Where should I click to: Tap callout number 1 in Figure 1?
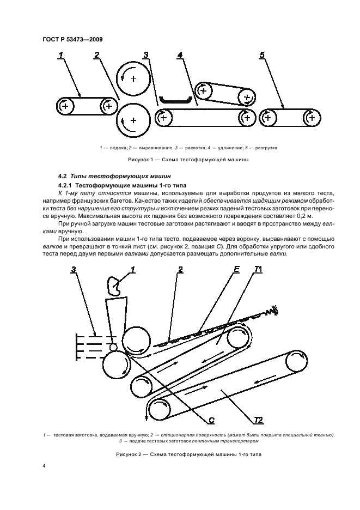click(61, 54)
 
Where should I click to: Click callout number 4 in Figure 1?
click(180, 54)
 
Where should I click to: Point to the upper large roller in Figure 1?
click(132, 79)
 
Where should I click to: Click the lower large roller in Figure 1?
click(133, 121)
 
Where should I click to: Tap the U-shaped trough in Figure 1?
click(175, 101)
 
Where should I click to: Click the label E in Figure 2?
click(237, 270)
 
